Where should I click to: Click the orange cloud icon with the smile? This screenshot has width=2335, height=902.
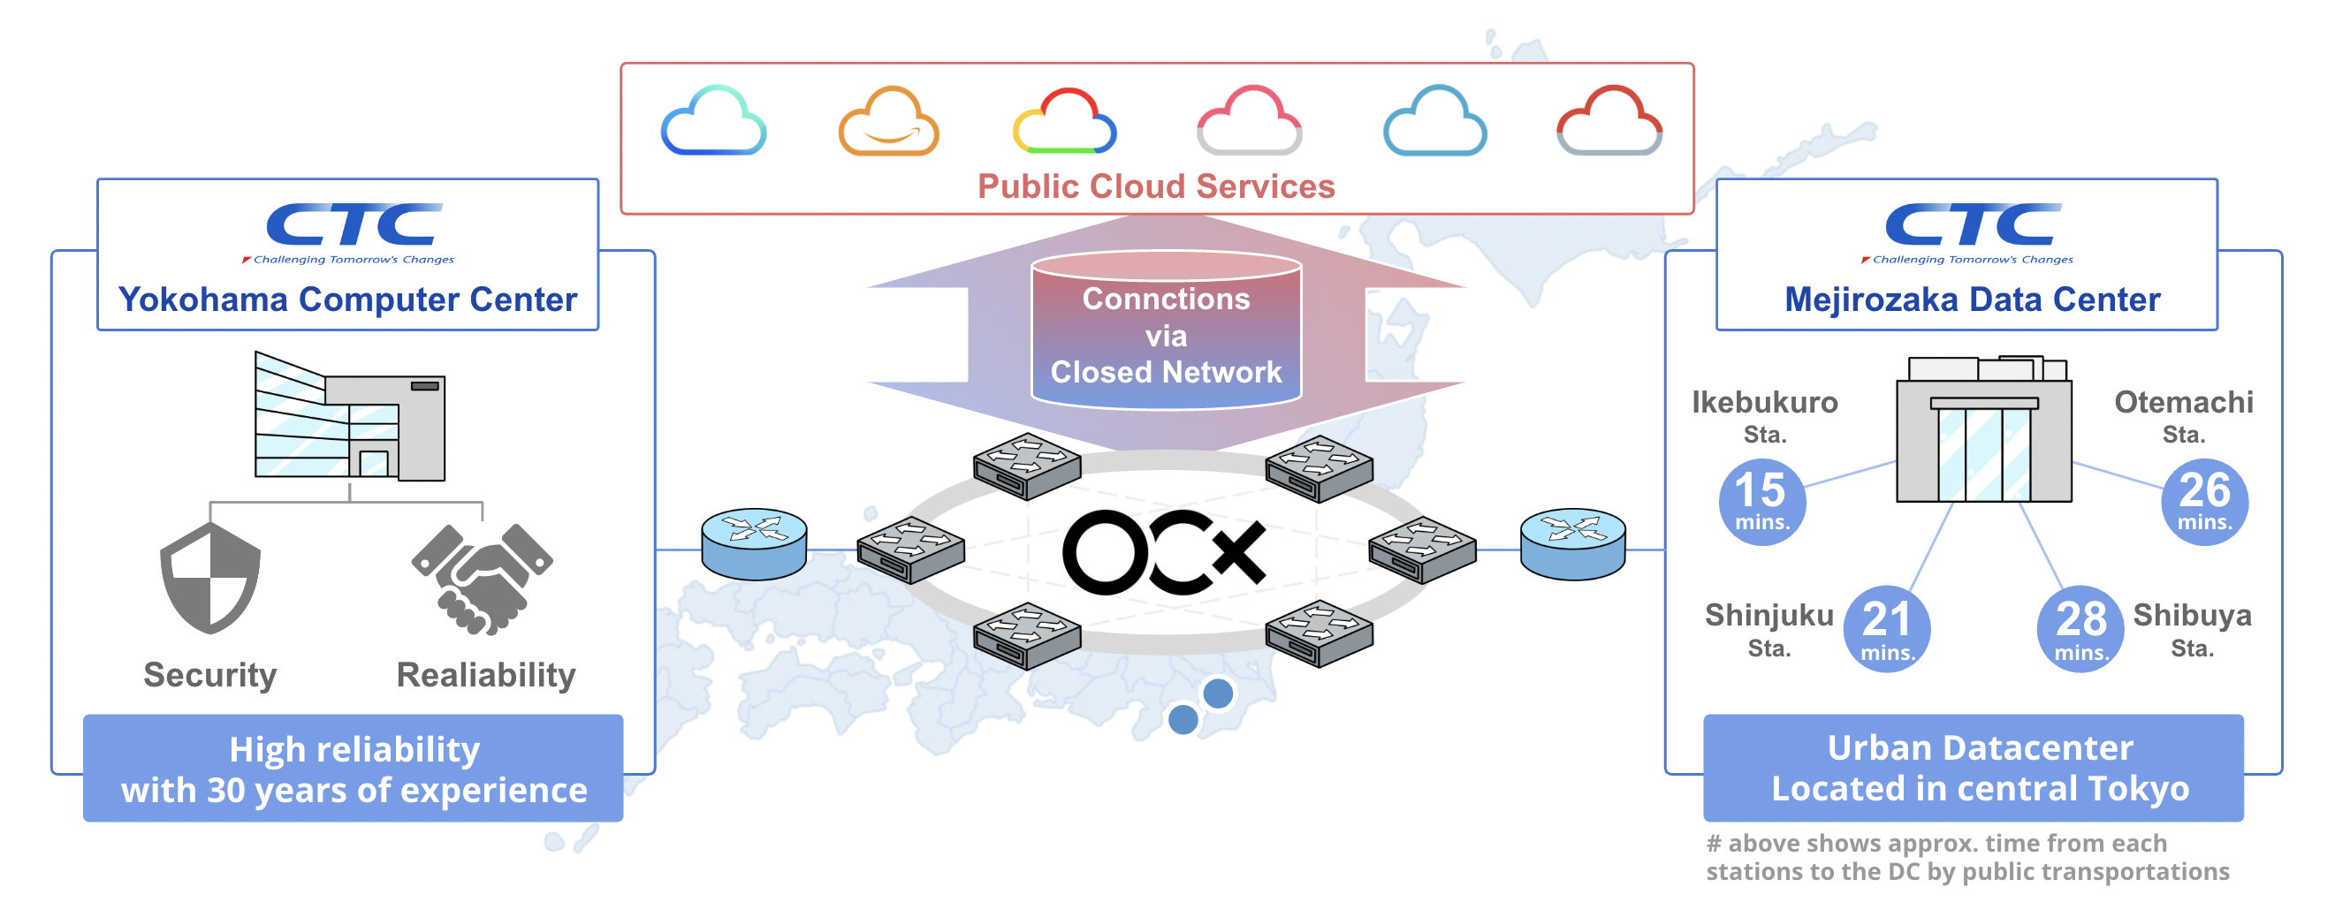888,122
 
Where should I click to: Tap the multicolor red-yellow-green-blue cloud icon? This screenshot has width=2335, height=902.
1064,122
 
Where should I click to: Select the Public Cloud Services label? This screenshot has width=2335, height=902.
1156,186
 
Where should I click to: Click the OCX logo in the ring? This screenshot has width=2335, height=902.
1164,552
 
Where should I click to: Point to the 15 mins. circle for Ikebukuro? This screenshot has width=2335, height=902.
1761,501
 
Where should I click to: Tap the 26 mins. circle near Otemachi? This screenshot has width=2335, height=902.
2203,501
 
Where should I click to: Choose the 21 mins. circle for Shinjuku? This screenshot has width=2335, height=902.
1886,628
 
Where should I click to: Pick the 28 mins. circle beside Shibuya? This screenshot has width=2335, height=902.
2080,628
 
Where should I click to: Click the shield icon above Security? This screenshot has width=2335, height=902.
210,579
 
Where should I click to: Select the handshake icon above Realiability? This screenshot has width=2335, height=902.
483,579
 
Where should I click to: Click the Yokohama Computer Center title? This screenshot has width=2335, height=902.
347,300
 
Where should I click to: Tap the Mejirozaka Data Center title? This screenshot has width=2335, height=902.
1972,300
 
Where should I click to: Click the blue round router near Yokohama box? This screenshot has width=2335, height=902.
754,543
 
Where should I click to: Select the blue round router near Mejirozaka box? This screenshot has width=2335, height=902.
1572,543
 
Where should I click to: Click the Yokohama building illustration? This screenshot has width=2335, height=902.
349,418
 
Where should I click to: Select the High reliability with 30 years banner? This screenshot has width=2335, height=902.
354,769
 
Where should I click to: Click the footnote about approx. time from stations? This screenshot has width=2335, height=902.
1967,857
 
